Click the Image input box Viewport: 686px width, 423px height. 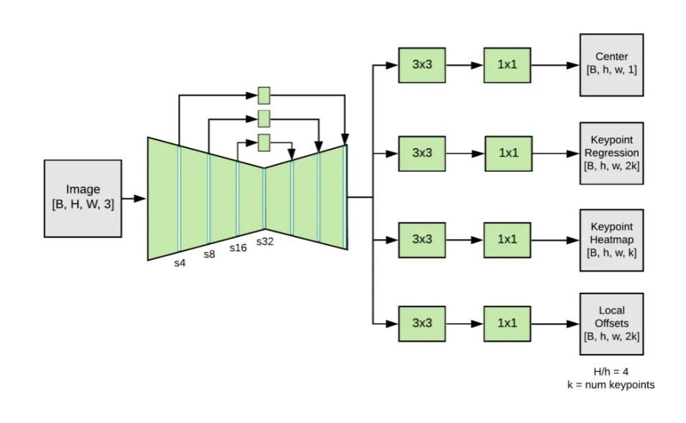pos(83,198)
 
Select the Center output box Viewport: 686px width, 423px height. pos(611,65)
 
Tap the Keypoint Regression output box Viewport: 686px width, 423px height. pos(611,153)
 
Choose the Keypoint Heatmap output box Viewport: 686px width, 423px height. pos(611,239)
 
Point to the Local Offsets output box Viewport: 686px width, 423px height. pos(611,324)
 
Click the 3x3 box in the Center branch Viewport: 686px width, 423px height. pos(422,65)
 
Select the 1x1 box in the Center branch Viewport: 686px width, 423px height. pos(508,65)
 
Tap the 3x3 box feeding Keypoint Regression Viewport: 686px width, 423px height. pos(422,153)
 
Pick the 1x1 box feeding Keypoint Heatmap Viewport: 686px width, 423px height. pos(508,239)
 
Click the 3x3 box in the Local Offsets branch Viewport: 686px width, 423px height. pos(422,323)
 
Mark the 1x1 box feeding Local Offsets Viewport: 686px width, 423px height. pos(508,323)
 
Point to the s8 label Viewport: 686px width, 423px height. pos(209,255)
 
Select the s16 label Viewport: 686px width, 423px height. pos(238,247)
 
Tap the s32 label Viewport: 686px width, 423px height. pos(265,242)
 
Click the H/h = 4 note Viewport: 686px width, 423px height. pos(610,372)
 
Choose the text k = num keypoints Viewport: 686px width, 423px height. pos(610,385)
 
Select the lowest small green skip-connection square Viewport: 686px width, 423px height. pos(264,142)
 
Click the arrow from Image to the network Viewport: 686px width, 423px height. pos(134,198)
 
